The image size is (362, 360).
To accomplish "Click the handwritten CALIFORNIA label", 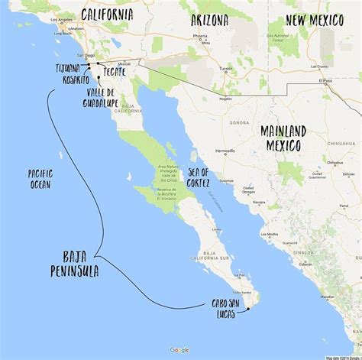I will tap(106, 15).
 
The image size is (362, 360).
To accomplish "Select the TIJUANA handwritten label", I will tap(67, 68).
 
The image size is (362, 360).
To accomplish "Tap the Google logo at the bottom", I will tap(179, 349).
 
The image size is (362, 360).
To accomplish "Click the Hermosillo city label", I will tap(225, 151).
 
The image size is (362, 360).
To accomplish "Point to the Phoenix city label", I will tap(200, 35).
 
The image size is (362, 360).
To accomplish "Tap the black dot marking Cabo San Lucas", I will tap(248, 310).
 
